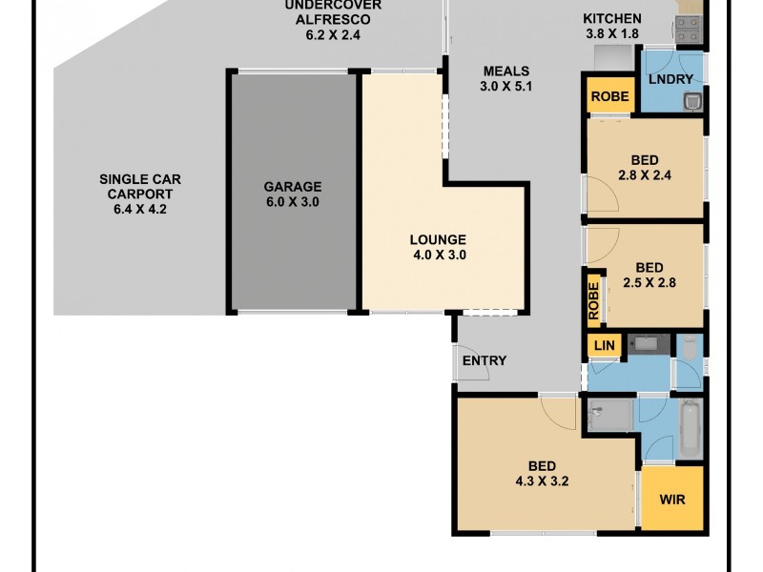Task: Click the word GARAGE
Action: pos(293,187)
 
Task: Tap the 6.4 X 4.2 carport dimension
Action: pos(139,210)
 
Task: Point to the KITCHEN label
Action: pos(612,19)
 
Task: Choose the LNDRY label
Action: pos(671,79)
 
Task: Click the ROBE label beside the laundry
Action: pos(609,96)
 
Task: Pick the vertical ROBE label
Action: pos(594,299)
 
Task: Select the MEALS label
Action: pos(505,71)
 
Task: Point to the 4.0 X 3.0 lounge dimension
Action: pos(438,255)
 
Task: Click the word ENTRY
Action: pos(485,360)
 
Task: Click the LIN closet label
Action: pos(603,345)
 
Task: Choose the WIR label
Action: pos(672,499)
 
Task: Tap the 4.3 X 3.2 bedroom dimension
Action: pos(542,481)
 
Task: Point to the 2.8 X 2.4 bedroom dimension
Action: pos(644,175)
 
